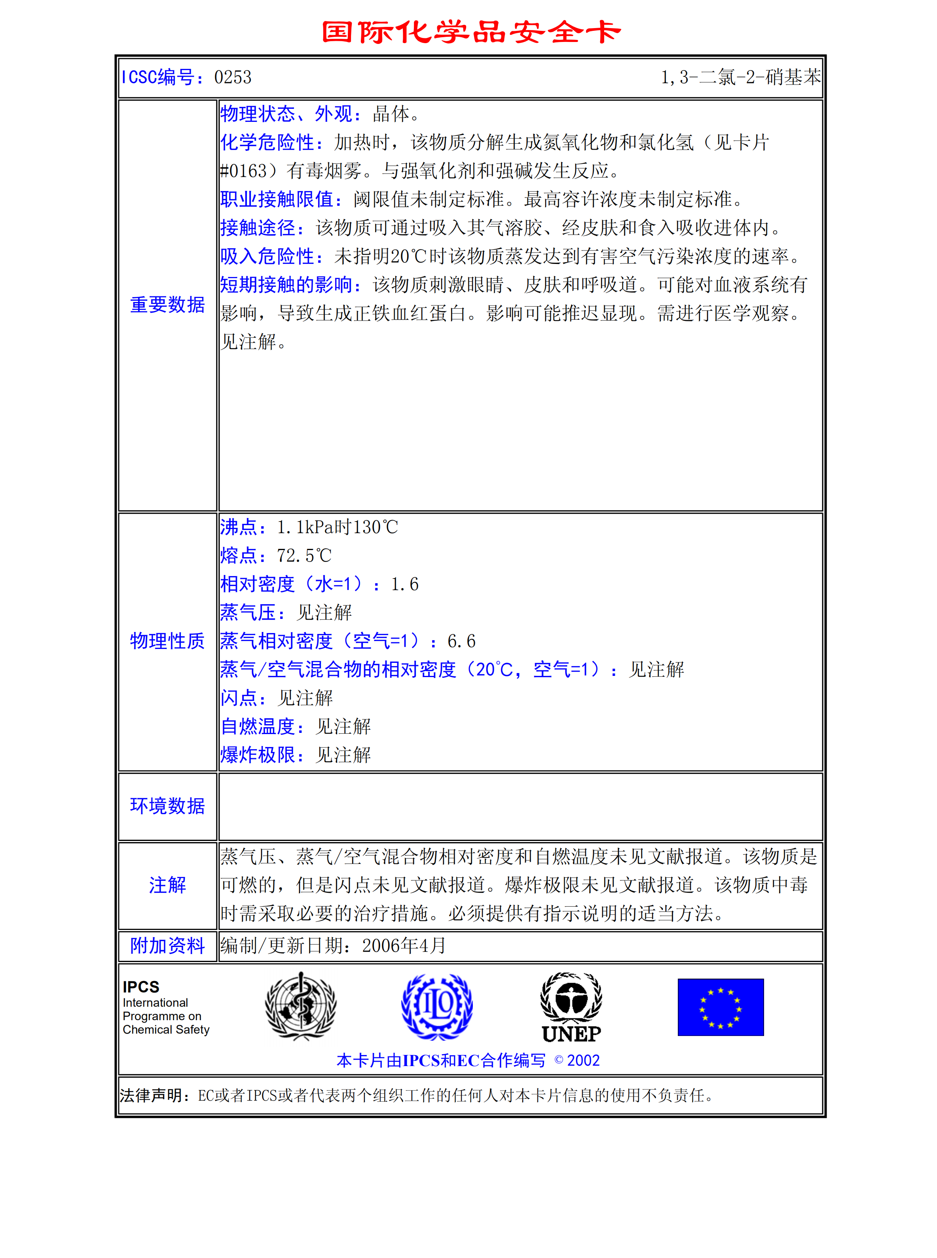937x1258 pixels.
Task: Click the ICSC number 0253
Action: (x=233, y=77)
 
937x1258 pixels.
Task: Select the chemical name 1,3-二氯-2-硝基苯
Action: (x=740, y=77)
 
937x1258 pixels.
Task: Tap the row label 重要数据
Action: (x=167, y=305)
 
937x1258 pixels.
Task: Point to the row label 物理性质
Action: (x=167, y=641)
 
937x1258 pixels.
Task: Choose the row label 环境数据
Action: (x=167, y=806)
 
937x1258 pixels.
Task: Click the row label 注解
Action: (x=167, y=885)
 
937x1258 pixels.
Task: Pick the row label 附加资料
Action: (x=167, y=945)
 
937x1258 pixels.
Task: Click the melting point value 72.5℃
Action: (x=304, y=556)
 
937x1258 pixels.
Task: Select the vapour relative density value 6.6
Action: (x=461, y=641)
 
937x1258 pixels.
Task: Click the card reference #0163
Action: (x=244, y=171)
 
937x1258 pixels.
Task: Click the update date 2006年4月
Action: (x=404, y=945)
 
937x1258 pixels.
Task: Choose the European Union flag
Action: (x=720, y=1007)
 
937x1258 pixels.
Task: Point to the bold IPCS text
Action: (x=141, y=987)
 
